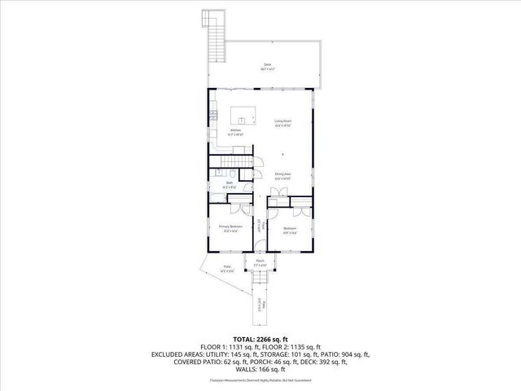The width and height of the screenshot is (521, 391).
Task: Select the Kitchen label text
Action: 235,131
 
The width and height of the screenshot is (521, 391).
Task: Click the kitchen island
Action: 243,113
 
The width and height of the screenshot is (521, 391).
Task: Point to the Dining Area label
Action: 282,175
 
